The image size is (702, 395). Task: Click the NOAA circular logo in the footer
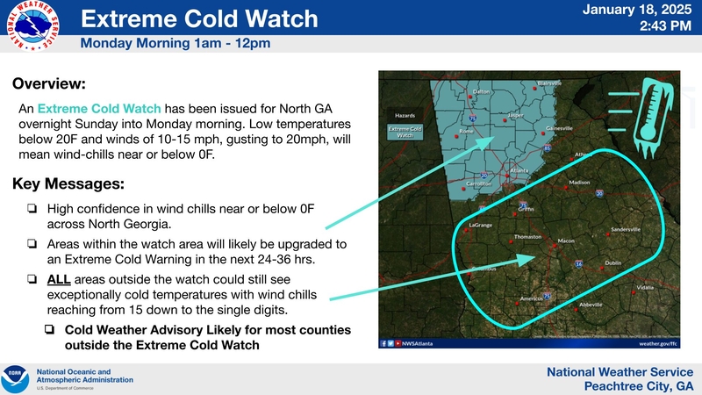[15, 378]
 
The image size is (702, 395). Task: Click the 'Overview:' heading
[49, 84]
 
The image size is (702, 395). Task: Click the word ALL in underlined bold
[60, 279]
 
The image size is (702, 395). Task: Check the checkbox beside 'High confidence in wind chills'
[32, 208]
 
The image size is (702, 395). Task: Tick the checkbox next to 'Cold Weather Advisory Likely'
[50, 330]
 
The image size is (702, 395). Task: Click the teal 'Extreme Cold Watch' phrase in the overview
[99, 109]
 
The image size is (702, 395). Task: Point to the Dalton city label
[482, 91]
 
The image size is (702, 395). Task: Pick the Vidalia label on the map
[645, 287]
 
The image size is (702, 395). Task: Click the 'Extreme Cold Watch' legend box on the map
[405, 133]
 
